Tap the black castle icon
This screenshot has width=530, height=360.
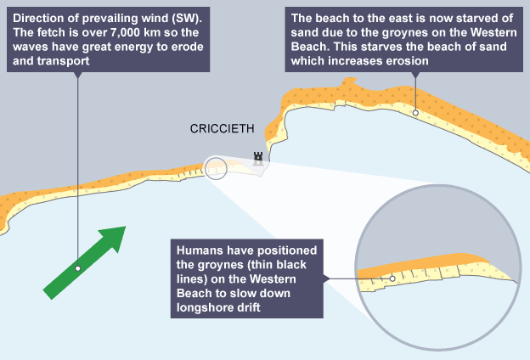[x=257, y=155]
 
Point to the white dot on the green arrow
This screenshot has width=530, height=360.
[x=77, y=268]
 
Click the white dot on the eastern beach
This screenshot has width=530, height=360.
[x=414, y=112]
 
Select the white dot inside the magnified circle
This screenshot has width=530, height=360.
[x=392, y=278]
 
